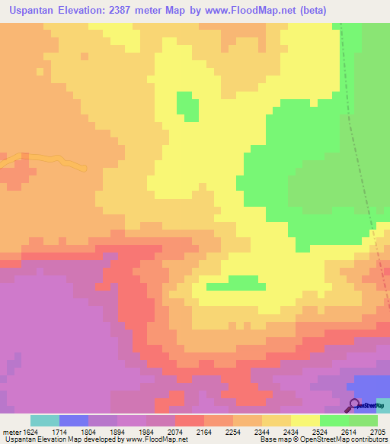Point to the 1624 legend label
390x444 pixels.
click(27, 431)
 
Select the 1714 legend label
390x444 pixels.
click(59, 431)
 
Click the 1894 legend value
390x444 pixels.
click(117, 431)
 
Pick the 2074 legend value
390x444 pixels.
click(174, 431)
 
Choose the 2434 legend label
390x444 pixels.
click(290, 431)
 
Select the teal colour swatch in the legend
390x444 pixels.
click(45, 420)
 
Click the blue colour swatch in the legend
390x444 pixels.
click(74, 420)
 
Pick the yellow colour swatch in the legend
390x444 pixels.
click(305, 420)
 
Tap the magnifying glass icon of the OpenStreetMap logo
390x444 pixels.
click(353, 404)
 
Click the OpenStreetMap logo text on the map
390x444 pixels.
click(372, 406)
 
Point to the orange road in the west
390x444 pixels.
click(46, 160)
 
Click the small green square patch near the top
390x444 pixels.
click(187, 106)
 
